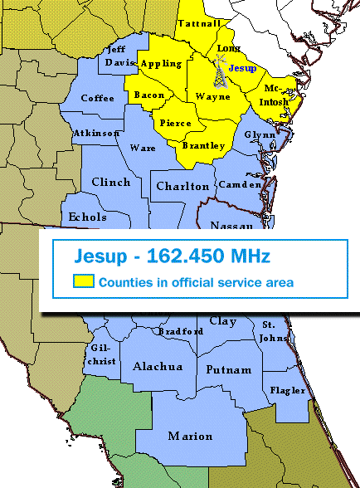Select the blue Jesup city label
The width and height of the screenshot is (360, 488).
coord(241,67)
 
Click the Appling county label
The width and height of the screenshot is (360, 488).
coord(161,64)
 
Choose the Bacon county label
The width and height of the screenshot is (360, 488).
coord(149,95)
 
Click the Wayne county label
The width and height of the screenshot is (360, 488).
coord(213,96)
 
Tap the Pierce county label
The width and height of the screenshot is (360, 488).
coord(175,123)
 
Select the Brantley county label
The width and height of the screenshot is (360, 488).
coord(203,145)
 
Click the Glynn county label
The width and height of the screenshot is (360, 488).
coord(259,134)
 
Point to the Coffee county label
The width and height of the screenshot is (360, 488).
coord(98,98)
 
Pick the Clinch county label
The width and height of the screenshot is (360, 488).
coord(110,182)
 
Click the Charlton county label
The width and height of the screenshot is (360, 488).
coord(182,186)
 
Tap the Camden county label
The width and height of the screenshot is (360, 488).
coord(239,184)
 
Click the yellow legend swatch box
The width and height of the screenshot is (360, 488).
coord(83,282)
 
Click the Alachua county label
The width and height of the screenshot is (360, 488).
coord(153,366)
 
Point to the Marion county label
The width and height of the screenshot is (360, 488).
coord(190,436)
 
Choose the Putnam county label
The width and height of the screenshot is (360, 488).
coord(228,369)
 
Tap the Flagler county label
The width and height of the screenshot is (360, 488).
coord(288,389)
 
